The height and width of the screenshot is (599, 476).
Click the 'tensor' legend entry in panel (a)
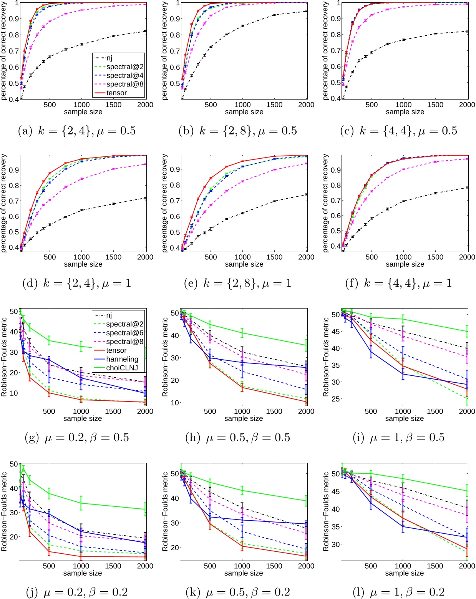(116, 93)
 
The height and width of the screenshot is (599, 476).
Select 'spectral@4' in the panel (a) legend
(124, 76)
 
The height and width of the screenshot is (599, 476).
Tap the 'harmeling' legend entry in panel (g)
(122, 359)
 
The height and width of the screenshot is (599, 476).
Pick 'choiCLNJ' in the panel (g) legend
(122, 368)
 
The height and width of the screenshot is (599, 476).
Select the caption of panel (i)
(398, 438)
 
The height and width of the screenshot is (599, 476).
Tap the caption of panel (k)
(238, 592)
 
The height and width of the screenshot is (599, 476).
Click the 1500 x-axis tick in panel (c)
(435, 105)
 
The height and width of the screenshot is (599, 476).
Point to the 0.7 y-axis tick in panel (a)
(14, 51)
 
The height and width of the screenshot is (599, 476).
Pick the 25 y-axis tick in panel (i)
(335, 399)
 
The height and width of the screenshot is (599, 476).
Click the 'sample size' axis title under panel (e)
(244, 264)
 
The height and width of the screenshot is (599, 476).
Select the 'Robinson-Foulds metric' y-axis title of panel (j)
(4, 511)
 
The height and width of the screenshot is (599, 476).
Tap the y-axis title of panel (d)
(4, 203)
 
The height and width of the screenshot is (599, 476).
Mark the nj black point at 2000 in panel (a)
(145, 31)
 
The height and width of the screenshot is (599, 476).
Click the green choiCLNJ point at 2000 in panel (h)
(306, 345)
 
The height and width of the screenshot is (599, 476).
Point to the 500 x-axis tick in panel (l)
(371, 566)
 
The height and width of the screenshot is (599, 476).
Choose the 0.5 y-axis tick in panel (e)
(175, 232)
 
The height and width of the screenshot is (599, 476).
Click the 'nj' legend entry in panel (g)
(109, 315)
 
